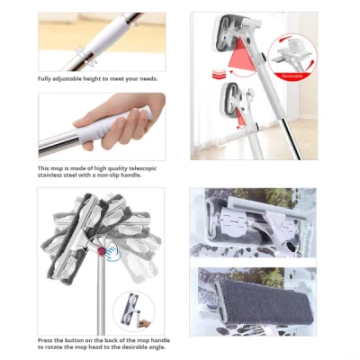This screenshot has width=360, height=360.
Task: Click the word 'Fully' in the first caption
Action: (46, 79)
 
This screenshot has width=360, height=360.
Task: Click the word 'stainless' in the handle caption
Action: (54, 175)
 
